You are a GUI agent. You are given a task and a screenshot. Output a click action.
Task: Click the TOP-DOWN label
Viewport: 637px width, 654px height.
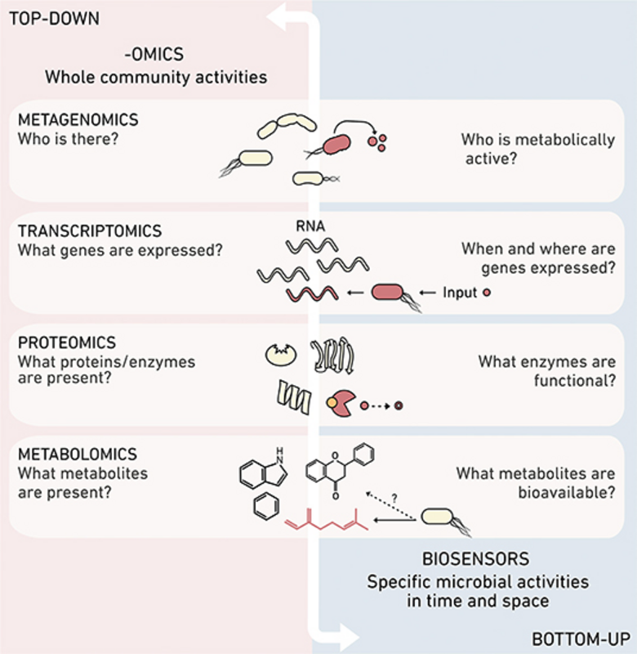(54, 17)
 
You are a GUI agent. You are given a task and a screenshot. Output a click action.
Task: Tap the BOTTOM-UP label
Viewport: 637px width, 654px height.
(581, 637)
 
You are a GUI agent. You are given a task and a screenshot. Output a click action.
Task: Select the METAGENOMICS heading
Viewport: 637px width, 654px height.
(78, 119)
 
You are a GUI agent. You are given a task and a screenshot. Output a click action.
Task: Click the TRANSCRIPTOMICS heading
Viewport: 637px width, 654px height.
(89, 231)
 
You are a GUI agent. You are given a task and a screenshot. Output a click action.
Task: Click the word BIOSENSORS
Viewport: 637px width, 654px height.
(465, 560)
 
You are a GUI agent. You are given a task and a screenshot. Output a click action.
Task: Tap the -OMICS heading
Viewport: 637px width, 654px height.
(156, 56)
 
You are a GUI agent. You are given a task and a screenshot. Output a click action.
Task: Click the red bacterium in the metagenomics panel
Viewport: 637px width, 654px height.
(336, 146)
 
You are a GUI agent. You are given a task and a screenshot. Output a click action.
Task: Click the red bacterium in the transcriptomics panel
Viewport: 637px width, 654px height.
(388, 293)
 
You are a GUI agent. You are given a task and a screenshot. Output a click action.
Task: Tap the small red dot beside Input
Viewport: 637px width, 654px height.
(487, 293)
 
